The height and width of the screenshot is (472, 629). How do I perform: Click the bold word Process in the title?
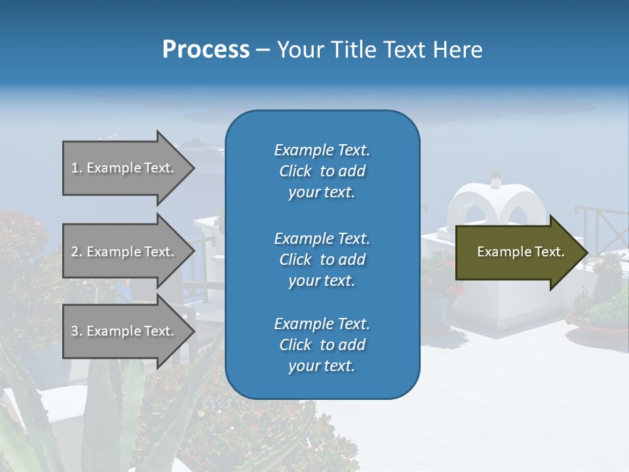point(206,50)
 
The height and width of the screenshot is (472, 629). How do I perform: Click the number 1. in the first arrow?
point(77,168)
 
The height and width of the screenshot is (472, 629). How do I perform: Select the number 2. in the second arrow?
point(77,252)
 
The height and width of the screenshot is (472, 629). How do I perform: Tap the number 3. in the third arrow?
point(77,331)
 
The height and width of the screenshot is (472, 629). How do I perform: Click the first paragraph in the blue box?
point(322,171)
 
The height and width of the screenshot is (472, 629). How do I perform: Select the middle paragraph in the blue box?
point(322,260)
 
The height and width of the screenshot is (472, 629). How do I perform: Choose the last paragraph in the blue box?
point(322,345)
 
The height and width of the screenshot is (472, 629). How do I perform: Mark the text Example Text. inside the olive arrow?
point(521,252)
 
